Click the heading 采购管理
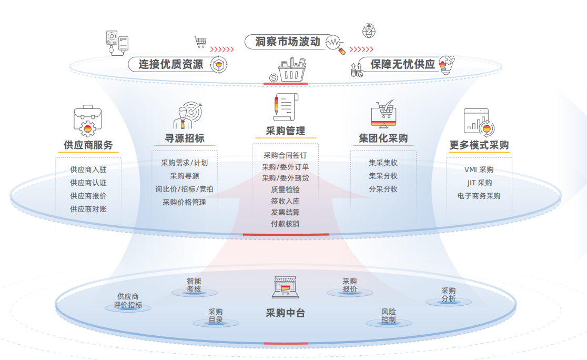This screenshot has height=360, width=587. click(285, 131)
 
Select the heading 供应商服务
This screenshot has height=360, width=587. click(88, 145)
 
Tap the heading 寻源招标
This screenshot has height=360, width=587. click(185, 138)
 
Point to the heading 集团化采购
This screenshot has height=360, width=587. click(383, 138)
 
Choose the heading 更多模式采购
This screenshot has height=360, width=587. click(479, 145)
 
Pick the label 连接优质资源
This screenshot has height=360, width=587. click(171, 64)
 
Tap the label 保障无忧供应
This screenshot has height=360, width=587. click(403, 64)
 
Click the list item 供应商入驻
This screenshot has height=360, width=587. click(88, 169)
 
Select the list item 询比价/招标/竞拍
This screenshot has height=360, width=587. click(184, 189)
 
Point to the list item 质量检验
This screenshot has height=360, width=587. click(285, 189)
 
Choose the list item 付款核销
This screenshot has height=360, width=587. click(285, 224)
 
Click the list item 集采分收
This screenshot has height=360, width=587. click(383, 176)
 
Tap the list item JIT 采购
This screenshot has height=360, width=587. click(479, 183)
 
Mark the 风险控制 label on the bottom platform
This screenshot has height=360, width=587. click(389, 315)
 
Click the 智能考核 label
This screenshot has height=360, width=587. click(194, 285)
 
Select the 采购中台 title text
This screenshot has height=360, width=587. click(285, 313)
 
